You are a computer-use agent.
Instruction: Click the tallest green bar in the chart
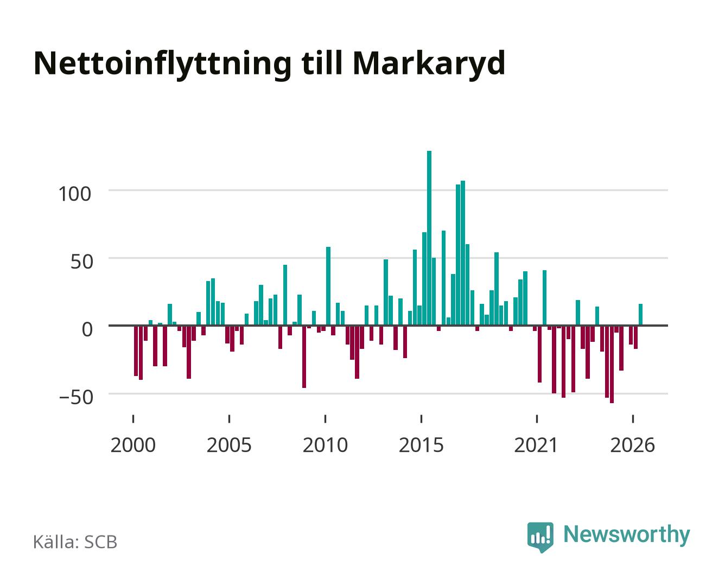click(x=429, y=238)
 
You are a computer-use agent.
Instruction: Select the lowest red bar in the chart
click(x=612, y=365)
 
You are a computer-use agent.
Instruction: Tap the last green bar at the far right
click(x=640, y=315)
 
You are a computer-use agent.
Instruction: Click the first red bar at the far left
click(x=136, y=351)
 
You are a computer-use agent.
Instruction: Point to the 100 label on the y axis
click(x=75, y=194)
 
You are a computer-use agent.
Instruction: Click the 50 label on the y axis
click(x=82, y=262)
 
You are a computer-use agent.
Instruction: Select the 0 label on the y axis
click(x=87, y=329)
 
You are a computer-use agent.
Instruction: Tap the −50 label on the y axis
click(x=76, y=397)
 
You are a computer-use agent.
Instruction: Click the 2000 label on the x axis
click(x=133, y=445)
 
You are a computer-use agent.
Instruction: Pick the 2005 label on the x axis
click(x=229, y=445)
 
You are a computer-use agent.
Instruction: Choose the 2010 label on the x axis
click(x=325, y=445)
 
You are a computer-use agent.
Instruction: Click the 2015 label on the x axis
click(x=422, y=445)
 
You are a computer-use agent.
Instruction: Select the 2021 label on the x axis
click(x=537, y=445)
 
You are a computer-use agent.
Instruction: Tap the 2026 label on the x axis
click(x=632, y=445)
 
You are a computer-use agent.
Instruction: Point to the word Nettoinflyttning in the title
click(x=162, y=65)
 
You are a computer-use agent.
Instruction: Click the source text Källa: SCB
click(x=75, y=542)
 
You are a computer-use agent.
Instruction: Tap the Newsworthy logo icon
click(x=540, y=537)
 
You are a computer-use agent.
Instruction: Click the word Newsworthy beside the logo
click(x=627, y=535)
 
